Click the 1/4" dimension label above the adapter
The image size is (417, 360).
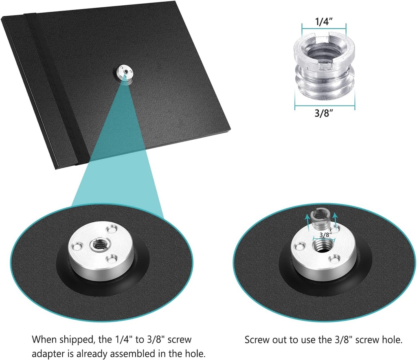point(324,22)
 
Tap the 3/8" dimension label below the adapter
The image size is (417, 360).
point(324,113)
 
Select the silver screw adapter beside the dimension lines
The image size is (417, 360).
point(324,66)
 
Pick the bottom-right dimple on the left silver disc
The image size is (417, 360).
point(112,258)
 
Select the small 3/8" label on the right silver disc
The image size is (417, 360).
point(326,235)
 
